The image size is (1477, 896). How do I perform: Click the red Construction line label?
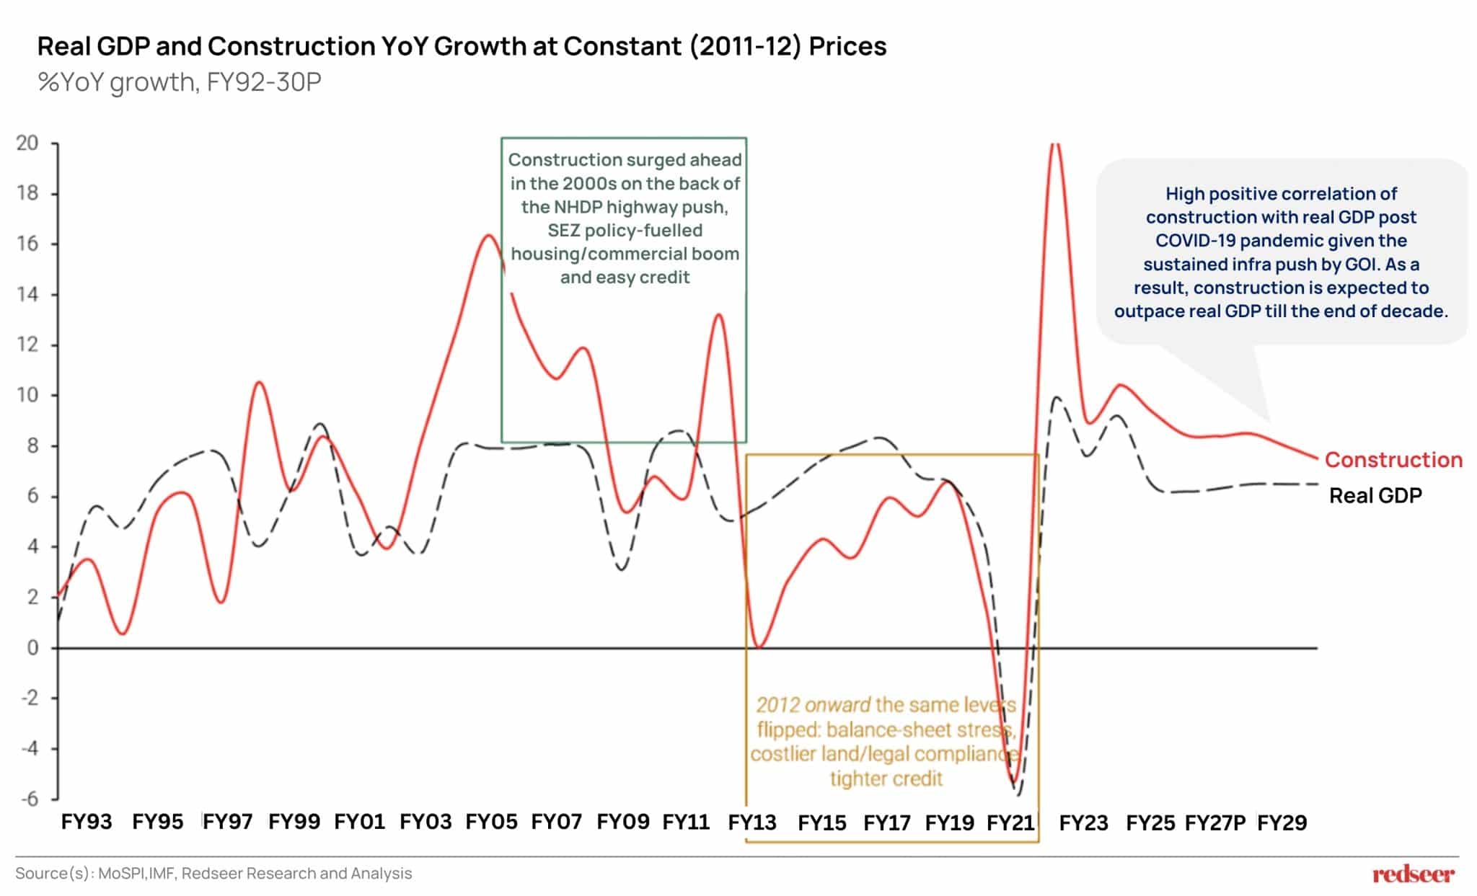(x=1393, y=460)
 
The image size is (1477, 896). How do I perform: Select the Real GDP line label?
(x=1375, y=496)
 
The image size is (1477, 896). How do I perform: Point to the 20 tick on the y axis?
(x=27, y=143)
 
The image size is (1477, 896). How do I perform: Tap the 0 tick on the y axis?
(x=32, y=647)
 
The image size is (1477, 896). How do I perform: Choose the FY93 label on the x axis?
(x=87, y=822)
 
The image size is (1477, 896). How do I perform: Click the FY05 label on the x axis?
(x=491, y=822)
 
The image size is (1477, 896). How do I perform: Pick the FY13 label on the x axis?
(x=752, y=822)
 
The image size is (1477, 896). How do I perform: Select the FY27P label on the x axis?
(x=1215, y=822)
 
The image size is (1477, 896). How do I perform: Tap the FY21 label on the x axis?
(x=1010, y=822)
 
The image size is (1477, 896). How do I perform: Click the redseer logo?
(x=1413, y=874)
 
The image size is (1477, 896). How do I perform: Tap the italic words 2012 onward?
(x=814, y=705)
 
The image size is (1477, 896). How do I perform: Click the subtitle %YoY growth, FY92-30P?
(x=179, y=82)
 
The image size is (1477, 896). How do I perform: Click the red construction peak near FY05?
(x=488, y=235)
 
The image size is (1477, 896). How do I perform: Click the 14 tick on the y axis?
(x=27, y=294)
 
